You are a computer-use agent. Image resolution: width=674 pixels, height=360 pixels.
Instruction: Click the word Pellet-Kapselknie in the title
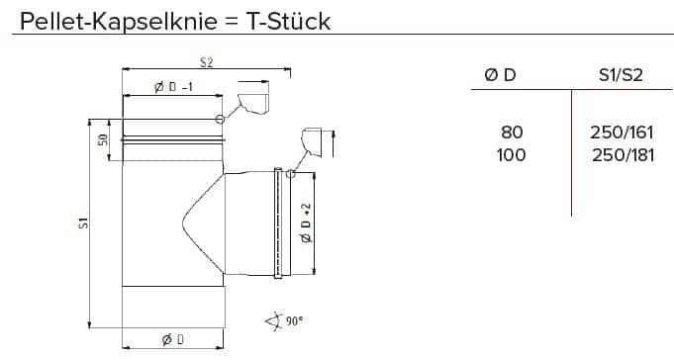point(119,22)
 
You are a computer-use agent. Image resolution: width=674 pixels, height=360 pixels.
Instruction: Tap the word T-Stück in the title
point(288,22)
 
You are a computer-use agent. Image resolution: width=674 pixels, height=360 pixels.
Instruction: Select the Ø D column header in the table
point(500,75)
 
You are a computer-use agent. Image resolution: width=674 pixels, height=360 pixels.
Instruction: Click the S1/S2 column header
point(621,75)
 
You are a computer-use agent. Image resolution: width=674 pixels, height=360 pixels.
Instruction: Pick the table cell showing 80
point(512,133)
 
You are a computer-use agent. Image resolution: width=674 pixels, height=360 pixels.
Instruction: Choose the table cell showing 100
point(511,155)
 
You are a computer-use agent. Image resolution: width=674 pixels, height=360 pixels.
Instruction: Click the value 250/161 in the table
point(622,133)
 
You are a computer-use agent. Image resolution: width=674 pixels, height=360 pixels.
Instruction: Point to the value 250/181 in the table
point(623,155)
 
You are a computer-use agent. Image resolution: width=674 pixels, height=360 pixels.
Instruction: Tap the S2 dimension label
point(206,62)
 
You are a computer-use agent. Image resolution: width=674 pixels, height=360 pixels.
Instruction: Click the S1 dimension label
point(84,223)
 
